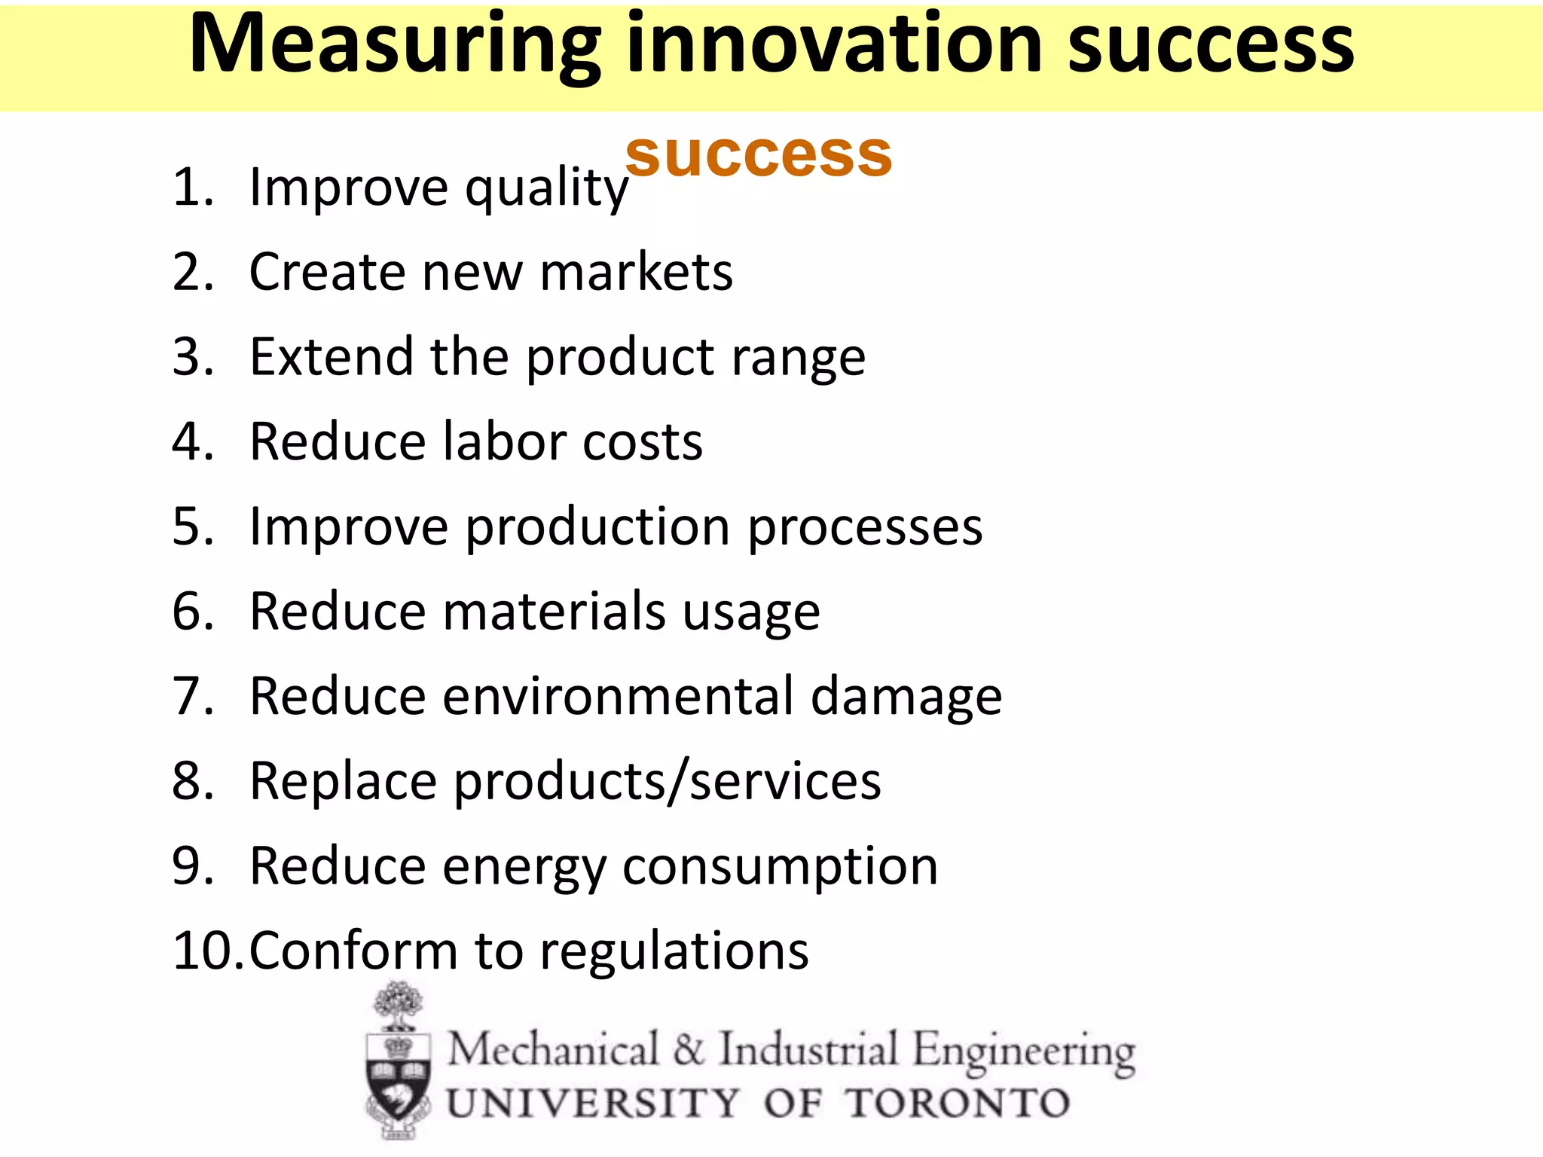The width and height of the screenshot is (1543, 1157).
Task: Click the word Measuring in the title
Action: [395, 47]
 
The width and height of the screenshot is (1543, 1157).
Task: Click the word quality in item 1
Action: [546, 188]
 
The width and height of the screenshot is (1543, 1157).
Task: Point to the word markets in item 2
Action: [636, 272]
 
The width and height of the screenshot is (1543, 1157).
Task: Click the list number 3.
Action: [188, 356]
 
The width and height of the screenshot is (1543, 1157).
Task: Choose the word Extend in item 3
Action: [331, 356]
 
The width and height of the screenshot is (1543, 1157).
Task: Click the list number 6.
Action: [188, 611]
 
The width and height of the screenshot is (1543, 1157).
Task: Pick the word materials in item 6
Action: [554, 611]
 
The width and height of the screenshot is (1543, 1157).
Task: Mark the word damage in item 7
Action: [906, 698]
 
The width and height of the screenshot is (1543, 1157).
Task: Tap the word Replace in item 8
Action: [343, 782]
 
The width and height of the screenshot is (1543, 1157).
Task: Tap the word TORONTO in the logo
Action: [957, 1104]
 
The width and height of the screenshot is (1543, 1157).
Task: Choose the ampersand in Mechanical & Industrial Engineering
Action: [689, 1049]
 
